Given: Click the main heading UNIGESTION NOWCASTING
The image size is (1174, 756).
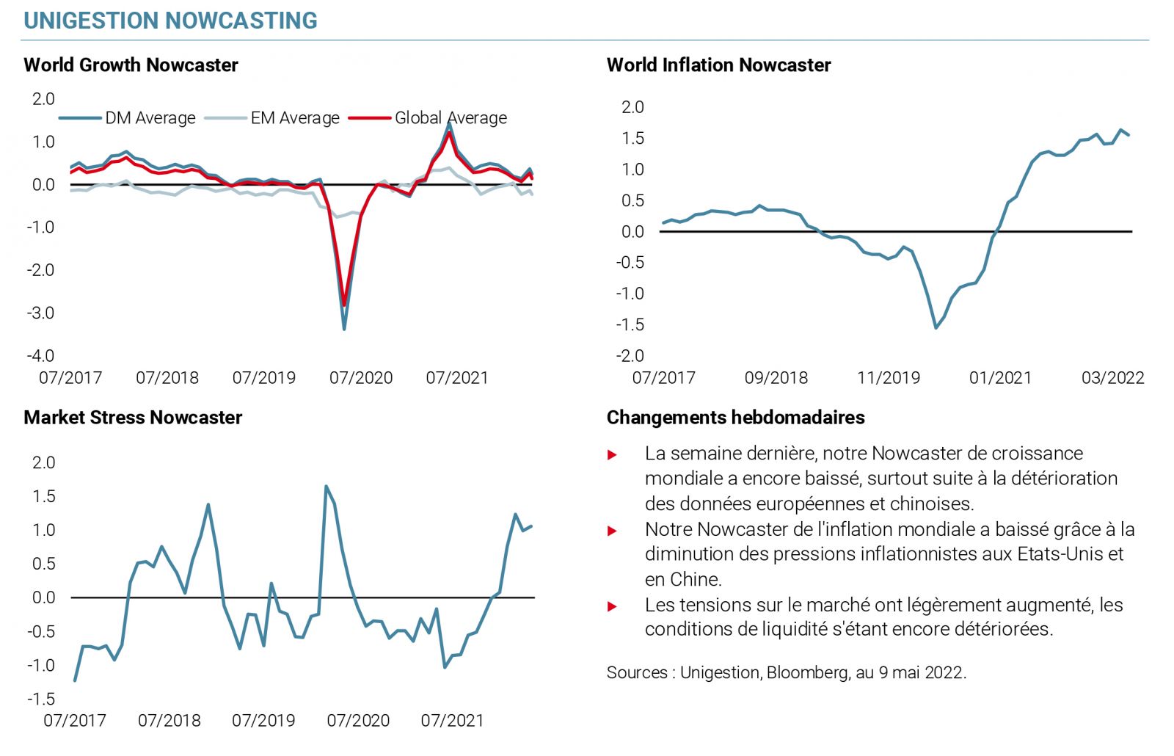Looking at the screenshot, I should (170, 21).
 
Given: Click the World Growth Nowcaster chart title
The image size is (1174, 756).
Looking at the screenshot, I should (131, 65).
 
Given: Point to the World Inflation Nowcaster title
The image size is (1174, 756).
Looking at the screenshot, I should (718, 65).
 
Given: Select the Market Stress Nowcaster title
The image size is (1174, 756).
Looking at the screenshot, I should (133, 418).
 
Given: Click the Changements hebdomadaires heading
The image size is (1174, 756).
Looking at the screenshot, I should (735, 418).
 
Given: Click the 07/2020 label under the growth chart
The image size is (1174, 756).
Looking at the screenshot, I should (360, 378).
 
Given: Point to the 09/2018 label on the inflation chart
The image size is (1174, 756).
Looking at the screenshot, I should (776, 378).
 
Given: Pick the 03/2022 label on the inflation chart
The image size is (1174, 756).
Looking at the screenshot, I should (1112, 378).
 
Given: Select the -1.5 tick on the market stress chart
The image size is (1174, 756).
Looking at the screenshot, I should (41, 699).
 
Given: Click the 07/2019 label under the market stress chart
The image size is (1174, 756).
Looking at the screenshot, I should (263, 721).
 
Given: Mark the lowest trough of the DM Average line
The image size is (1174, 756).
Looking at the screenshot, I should (344, 329).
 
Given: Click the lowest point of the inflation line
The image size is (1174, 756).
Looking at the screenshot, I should (936, 327).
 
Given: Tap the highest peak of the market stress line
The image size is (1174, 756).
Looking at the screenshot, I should (326, 486).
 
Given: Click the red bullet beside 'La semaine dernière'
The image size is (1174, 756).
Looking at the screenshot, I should (612, 455).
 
